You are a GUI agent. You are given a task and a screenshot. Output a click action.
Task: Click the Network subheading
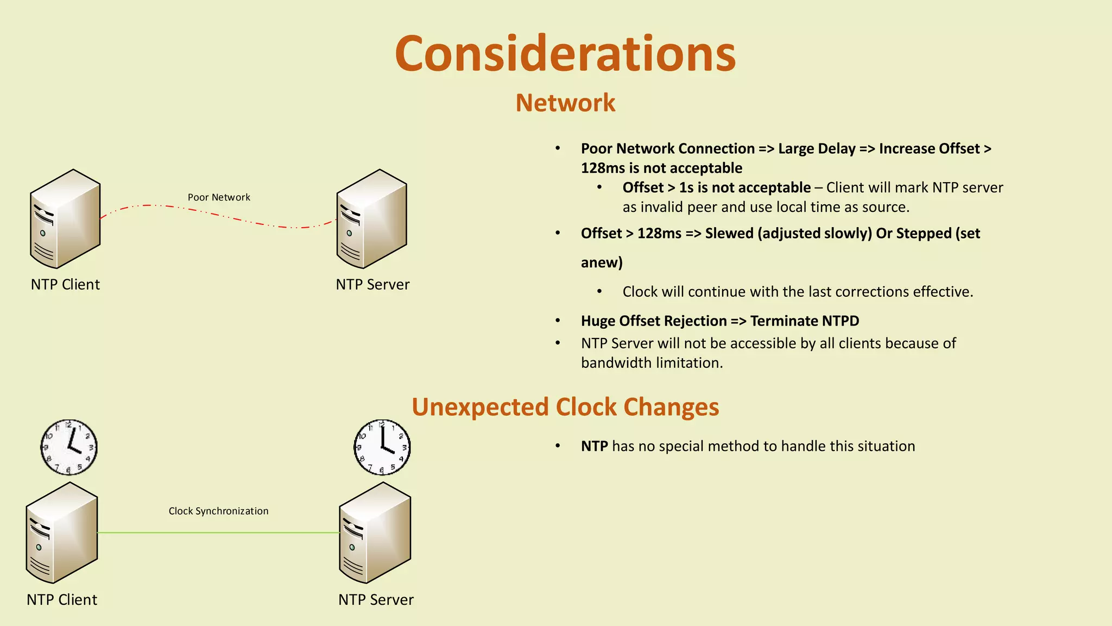pyautogui.click(x=565, y=103)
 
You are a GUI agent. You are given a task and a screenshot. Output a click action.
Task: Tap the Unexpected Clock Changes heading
pyautogui.click(x=565, y=406)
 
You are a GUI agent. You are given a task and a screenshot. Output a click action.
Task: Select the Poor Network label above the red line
pyautogui.click(x=219, y=197)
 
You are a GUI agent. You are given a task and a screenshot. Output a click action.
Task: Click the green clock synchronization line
pyautogui.click(x=217, y=533)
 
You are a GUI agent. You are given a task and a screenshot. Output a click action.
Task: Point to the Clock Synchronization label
pyautogui.click(x=218, y=511)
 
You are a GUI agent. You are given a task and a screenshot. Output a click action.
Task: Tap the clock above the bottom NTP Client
pyautogui.click(x=69, y=447)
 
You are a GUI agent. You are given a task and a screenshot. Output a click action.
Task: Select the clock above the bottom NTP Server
pyautogui.click(x=382, y=447)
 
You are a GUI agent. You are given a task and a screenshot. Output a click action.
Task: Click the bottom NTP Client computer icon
pyautogui.click(x=62, y=533)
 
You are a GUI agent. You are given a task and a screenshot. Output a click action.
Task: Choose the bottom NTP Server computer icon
pyautogui.click(x=375, y=533)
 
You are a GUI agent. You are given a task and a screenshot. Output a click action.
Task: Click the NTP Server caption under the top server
pyautogui.click(x=372, y=284)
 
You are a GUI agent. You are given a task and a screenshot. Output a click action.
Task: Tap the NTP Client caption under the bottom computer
pyautogui.click(x=62, y=599)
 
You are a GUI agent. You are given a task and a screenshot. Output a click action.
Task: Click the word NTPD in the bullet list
pyautogui.click(x=840, y=321)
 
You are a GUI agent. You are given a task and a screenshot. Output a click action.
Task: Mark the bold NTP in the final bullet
pyautogui.click(x=594, y=446)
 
